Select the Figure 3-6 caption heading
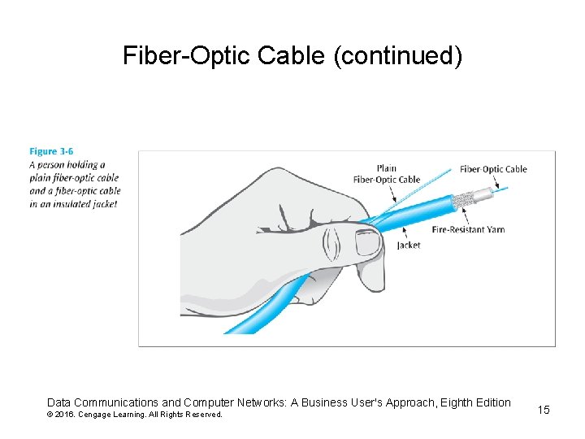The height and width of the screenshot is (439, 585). [x=51, y=151]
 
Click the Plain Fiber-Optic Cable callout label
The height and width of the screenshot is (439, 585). [x=387, y=174]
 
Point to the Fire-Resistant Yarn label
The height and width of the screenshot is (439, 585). [x=469, y=229]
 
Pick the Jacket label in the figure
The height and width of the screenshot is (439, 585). [x=409, y=245]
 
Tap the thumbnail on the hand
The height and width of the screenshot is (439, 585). [x=367, y=242]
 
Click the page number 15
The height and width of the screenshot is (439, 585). [x=544, y=410]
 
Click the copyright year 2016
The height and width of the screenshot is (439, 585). [x=64, y=415]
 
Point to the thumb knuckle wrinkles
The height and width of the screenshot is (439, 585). [x=331, y=241]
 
